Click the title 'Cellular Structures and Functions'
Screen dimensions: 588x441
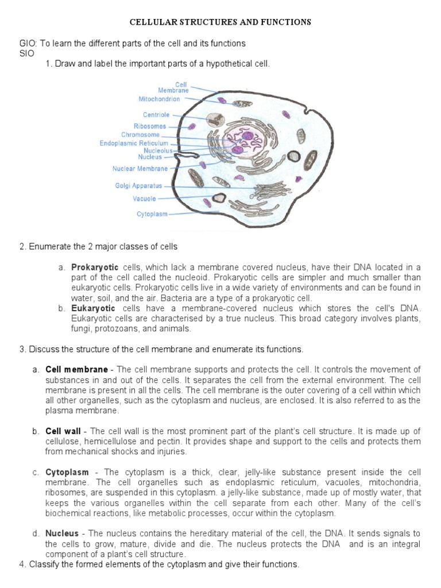pos(220,22)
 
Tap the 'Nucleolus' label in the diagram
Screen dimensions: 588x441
pos(158,150)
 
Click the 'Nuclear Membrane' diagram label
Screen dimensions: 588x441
pos(140,169)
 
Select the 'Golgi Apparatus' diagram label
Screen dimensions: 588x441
pos(138,186)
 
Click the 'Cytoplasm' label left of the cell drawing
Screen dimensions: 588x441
pos(152,214)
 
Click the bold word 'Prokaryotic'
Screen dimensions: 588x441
pos(95,268)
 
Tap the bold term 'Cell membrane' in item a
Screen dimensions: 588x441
pos(76,369)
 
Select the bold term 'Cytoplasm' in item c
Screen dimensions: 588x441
pos(67,472)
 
